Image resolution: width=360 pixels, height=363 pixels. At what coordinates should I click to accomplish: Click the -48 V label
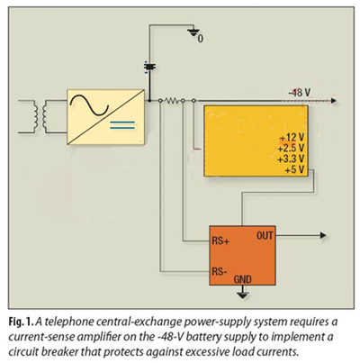coord(299,93)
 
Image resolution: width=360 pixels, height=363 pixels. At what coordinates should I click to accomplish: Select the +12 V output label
coord(292,138)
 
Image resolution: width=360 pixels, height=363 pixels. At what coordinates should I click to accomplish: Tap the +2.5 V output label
coord(291,148)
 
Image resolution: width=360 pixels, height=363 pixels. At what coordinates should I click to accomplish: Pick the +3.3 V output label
coord(291,159)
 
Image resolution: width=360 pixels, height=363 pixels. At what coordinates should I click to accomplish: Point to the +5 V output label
coord(294,170)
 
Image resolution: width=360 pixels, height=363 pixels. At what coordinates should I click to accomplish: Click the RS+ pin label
coord(220,240)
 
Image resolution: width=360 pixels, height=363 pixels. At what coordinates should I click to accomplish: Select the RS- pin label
coord(220,271)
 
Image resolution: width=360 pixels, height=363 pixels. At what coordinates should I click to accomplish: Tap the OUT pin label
coord(265,236)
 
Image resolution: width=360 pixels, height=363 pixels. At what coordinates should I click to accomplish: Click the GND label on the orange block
coord(243,279)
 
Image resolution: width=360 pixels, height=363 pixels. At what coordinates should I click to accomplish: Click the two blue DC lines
coord(122,125)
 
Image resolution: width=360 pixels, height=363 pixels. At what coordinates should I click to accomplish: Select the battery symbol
coord(149,67)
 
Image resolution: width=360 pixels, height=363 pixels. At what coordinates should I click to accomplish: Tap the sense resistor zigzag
coord(172,100)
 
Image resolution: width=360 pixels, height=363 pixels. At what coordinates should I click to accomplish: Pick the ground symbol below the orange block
coord(243,295)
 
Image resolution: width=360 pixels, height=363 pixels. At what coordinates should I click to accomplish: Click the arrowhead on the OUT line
coord(323,235)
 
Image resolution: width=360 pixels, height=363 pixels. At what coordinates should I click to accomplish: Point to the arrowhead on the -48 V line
coord(333,101)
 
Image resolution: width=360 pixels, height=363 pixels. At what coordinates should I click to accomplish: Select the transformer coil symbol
coord(40,116)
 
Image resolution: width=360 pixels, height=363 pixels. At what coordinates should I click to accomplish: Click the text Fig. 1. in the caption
coord(21,322)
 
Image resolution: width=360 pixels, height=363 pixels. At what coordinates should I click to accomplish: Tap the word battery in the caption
coord(236,337)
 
